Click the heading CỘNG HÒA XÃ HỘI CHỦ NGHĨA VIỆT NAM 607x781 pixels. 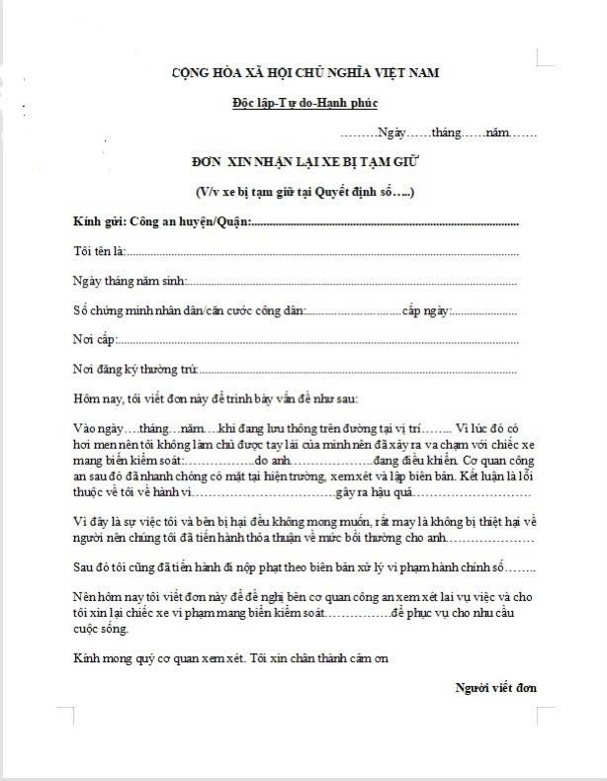pos(304,73)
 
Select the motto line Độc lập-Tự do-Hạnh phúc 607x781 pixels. pos(304,103)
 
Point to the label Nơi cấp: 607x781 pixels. pos(95,340)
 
